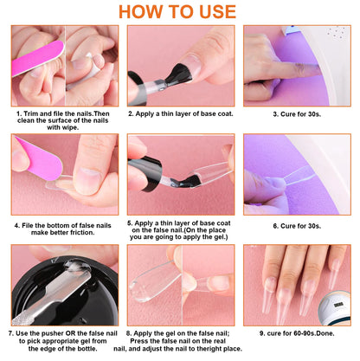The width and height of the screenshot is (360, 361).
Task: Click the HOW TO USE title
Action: [x=179, y=11]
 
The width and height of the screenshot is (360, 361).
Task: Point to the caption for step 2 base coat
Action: [x=179, y=113]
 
